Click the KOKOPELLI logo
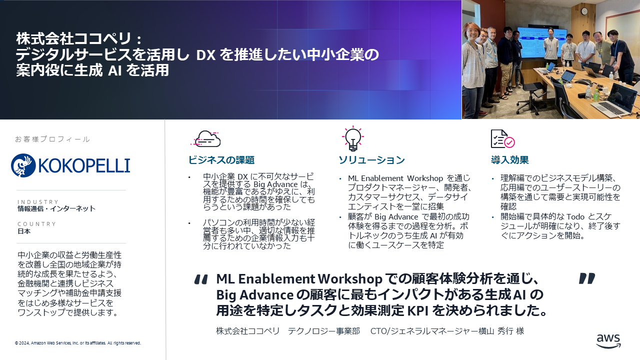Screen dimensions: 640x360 pyautogui.click(x=70, y=165)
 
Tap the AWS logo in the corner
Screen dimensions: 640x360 pyautogui.click(x=608, y=341)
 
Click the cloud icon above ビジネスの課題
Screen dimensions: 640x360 pyautogui.click(x=205, y=139)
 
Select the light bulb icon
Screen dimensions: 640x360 pyautogui.click(x=353, y=138)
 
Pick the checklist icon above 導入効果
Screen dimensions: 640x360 pyautogui.click(x=503, y=139)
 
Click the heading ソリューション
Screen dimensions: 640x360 pyautogui.click(x=371, y=160)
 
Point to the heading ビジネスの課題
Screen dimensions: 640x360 pyautogui.click(x=221, y=160)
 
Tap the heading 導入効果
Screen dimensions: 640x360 pyautogui.click(x=509, y=160)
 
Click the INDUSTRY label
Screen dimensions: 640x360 pyautogui.click(x=38, y=201)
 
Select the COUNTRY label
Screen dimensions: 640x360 pyautogui.click(x=37, y=224)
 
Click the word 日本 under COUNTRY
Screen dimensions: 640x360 pyautogui.click(x=24, y=231)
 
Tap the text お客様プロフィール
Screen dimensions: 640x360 pyautogui.click(x=52, y=139)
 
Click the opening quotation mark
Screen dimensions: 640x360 pyautogui.click(x=201, y=279)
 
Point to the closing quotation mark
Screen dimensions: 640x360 pyautogui.click(x=587, y=278)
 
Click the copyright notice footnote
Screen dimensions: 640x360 pyautogui.click(x=77, y=343)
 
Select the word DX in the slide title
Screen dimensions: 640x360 pyautogui.click(x=205, y=55)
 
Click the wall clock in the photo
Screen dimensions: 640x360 pyautogui.click(x=584, y=11)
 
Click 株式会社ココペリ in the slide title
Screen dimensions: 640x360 pyautogui.click(x=73, y=38)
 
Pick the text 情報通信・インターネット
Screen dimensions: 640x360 pyautogui.click(x=56, y=208)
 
